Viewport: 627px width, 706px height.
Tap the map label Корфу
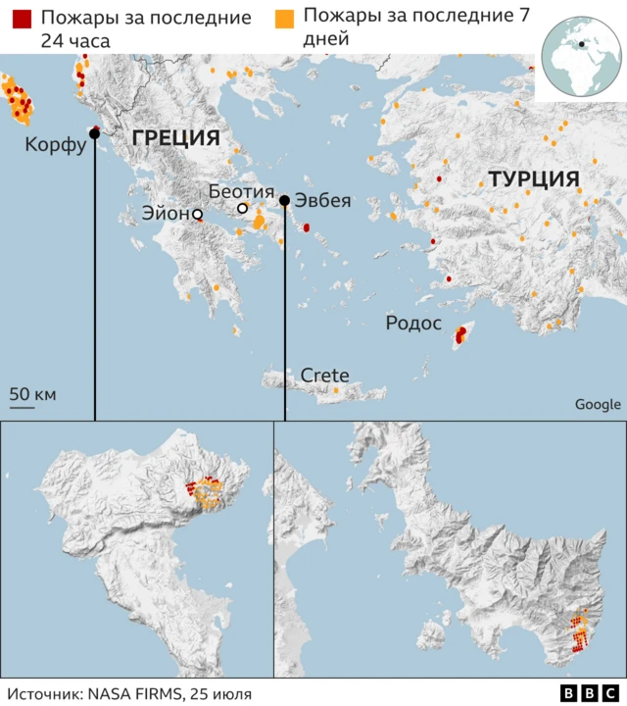point(55,146)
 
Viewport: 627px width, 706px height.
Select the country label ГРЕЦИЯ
point(175,137)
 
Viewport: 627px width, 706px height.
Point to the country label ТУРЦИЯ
point(533,179)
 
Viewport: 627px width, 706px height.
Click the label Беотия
point(241,191)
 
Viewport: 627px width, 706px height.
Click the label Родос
point(413,325)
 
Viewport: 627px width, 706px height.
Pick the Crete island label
point(324,376)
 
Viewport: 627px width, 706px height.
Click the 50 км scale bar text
point(33,394)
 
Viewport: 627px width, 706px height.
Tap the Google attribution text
point(598,404)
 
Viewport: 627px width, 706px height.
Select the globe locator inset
point(582,53)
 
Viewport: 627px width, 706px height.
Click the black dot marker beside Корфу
point(95,134)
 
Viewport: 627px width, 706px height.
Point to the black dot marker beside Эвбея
point(284,201)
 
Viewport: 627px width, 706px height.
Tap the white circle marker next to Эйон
point(197,214)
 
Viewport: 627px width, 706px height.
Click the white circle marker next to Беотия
point(242,209)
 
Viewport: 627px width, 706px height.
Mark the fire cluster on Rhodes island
point(459,336)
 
